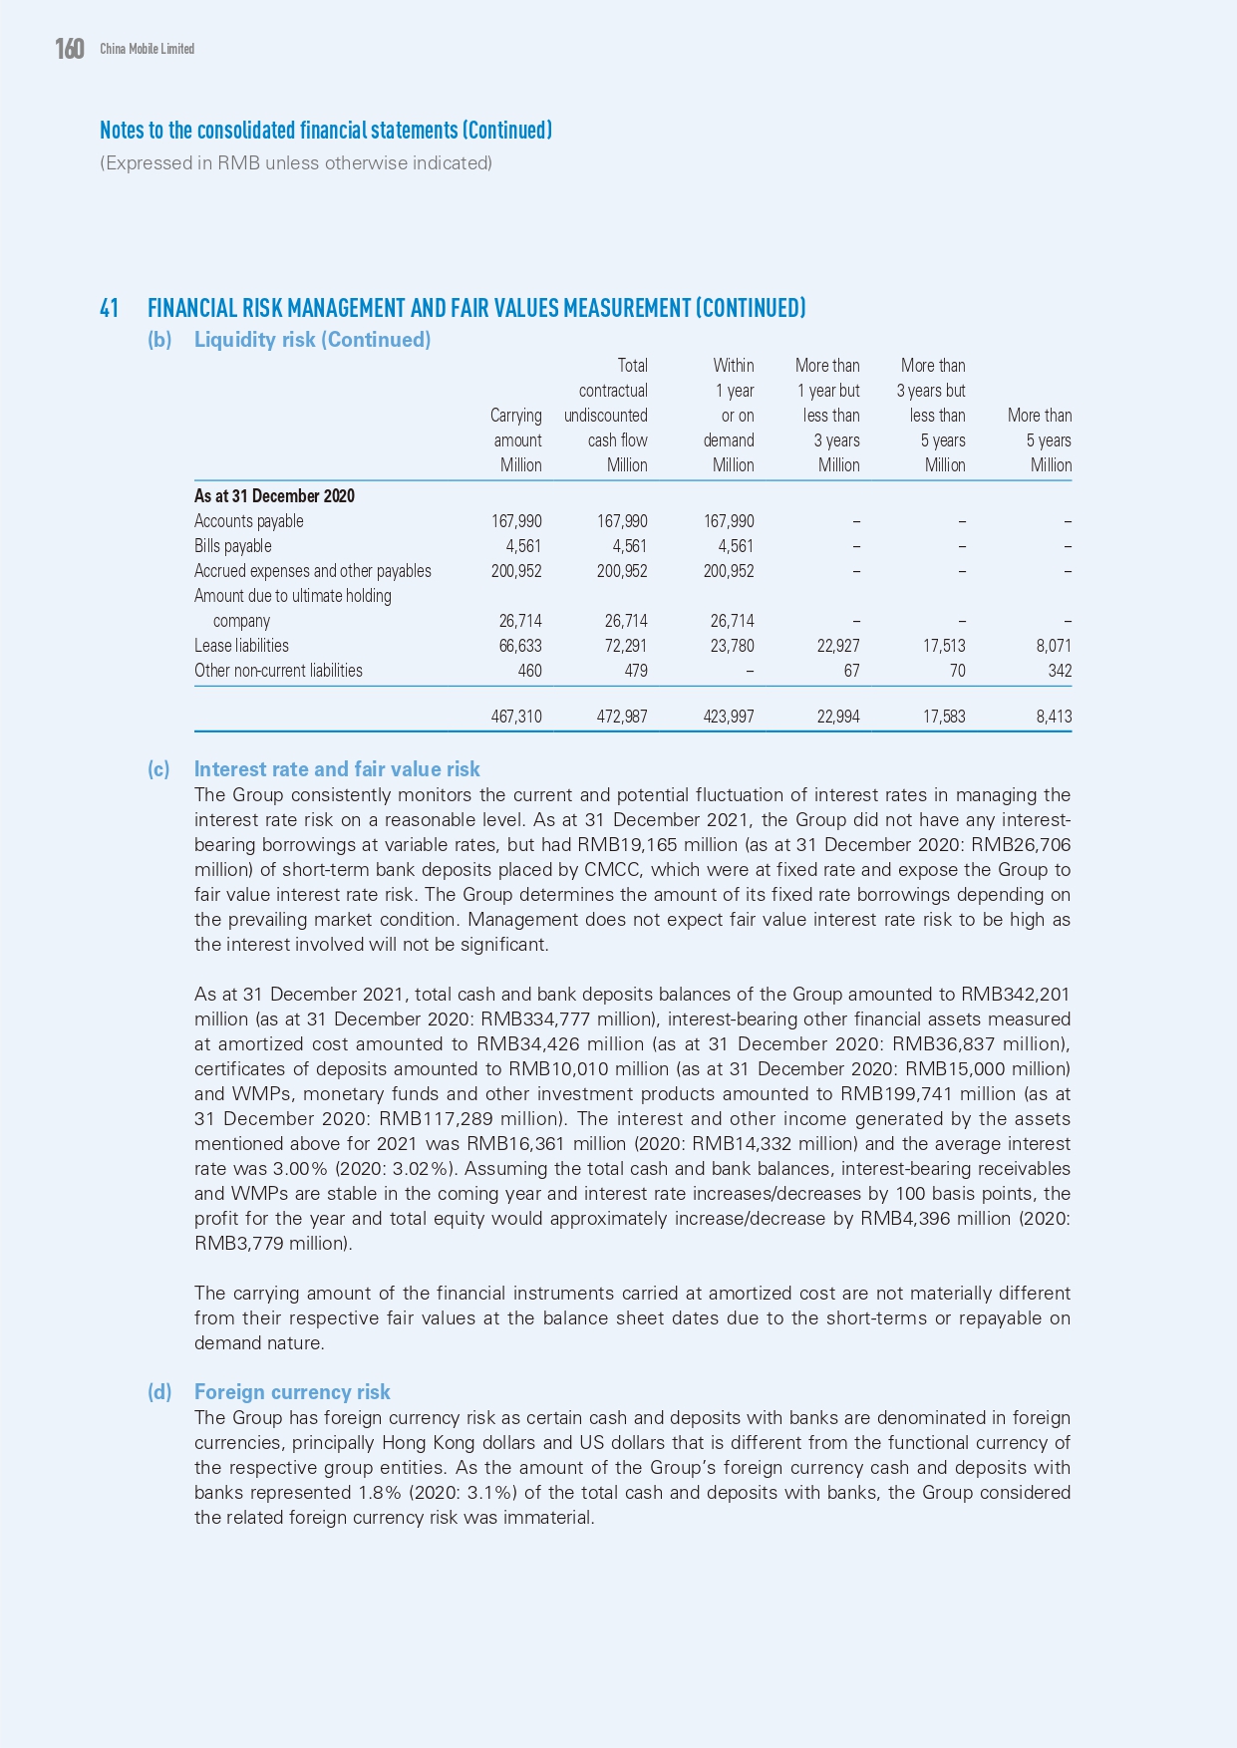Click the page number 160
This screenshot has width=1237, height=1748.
pos(70,49)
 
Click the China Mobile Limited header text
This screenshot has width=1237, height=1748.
pos(147,49)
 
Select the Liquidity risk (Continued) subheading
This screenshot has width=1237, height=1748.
pos(312,340)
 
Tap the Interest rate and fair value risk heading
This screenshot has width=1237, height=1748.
pos(337,769)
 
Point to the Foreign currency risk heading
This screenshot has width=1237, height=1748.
pos(292,1392)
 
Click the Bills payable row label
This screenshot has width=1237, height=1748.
pos(232,546)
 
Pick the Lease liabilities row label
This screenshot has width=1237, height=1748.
pos(241,646)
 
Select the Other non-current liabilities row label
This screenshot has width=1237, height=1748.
pos(278,671)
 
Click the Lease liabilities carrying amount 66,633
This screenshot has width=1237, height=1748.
pos(516,646)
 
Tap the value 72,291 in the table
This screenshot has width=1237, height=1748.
pos(626,646)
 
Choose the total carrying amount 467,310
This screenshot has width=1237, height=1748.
pos(516,717)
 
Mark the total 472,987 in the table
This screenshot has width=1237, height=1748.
pos(622,717)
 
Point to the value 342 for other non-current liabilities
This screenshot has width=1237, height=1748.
pos(1060,671)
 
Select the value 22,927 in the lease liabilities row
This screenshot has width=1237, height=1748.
pos(837,646)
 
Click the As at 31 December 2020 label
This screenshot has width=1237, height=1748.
pos(274,496)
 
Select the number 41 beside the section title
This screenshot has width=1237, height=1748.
pos(110,308)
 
